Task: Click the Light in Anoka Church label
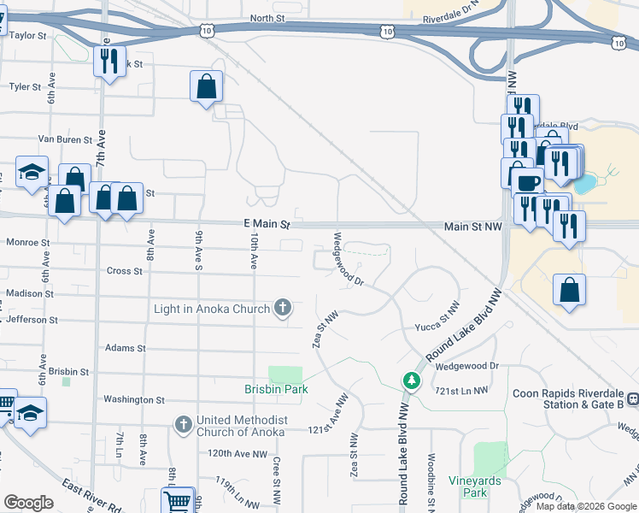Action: coord(212,308)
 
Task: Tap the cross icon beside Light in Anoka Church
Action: coord(283,308)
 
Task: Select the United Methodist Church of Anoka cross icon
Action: coord(183,424)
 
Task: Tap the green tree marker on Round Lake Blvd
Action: coord(412,380)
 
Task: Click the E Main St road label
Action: coord(267,224)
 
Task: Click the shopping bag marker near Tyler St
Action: coord(206,86)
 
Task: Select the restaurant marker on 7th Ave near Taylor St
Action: coord(108,62)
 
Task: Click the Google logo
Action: coord(28,503)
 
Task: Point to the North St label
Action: coord(267,18)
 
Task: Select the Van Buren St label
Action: coord(65,139)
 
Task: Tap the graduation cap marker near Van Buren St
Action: coord(32,172)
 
